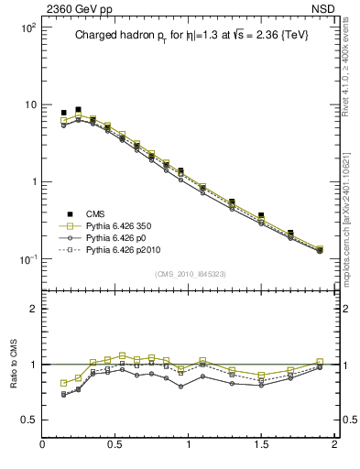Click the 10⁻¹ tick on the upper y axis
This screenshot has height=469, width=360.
pyautogui.click(x=27, y=259)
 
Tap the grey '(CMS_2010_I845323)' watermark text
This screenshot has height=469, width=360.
pyautogui.click(x=188, y=274)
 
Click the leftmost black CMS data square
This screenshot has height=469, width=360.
pyautogui.click(x=64, y=113)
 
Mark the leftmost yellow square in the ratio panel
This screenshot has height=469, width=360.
pyautogui.click(x=64, y=383)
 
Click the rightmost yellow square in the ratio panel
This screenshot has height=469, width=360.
pyautogui.click(x=320, y=362)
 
